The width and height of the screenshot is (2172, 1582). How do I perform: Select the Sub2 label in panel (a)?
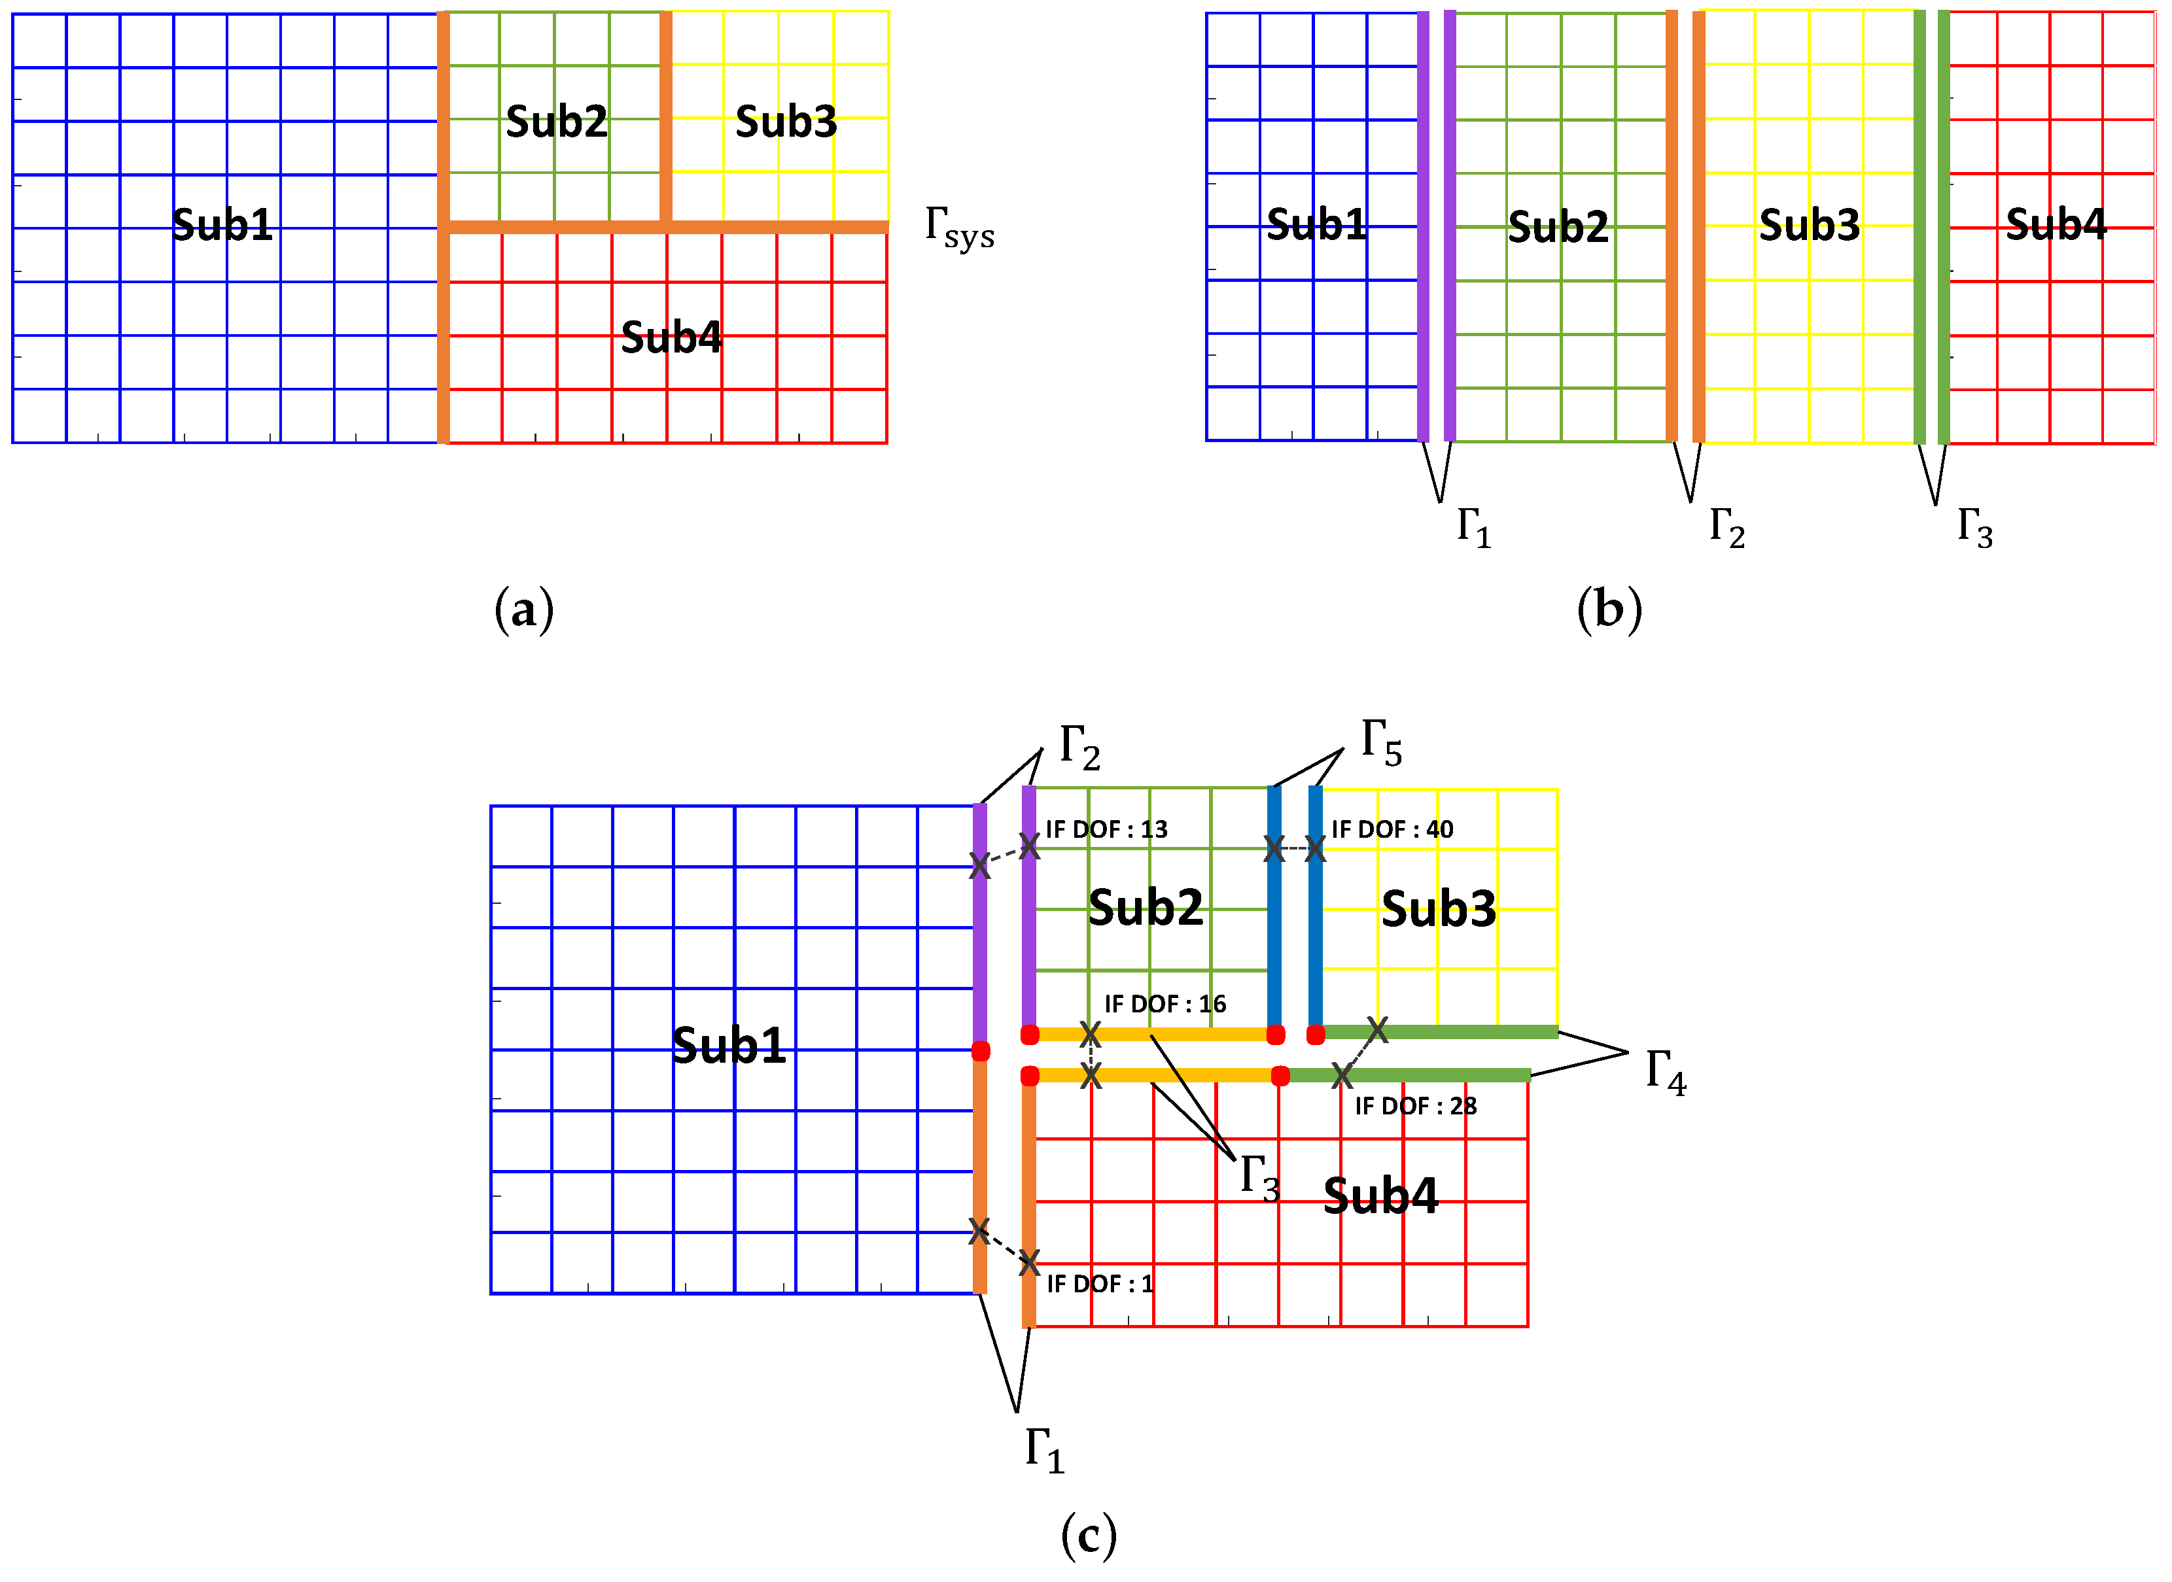tap(556, 122)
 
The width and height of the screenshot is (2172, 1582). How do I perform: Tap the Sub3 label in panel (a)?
tap(785, 122)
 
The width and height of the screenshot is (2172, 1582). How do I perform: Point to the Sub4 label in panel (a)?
tap(671, 337)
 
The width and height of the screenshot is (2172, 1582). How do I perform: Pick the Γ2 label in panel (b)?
tap(1726, 526)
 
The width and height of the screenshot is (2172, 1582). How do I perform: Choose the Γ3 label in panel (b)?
tap(1974, 526)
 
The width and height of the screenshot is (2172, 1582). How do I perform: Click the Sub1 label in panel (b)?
tap(1316, 224)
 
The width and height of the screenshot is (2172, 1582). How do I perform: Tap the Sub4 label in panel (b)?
tap(2055, 224)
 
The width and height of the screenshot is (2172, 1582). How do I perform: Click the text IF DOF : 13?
tap(1106, 829)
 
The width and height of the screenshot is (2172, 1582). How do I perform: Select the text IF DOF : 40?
tap(1392, 829)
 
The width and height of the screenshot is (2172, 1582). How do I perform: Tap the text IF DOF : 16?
tap(1165, 1004)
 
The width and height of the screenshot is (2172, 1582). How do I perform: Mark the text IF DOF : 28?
tap(1416, 1106)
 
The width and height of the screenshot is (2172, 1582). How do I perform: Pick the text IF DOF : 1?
tap(1099, 1284)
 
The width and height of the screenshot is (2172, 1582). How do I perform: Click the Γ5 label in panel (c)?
tap(1382, 743)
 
